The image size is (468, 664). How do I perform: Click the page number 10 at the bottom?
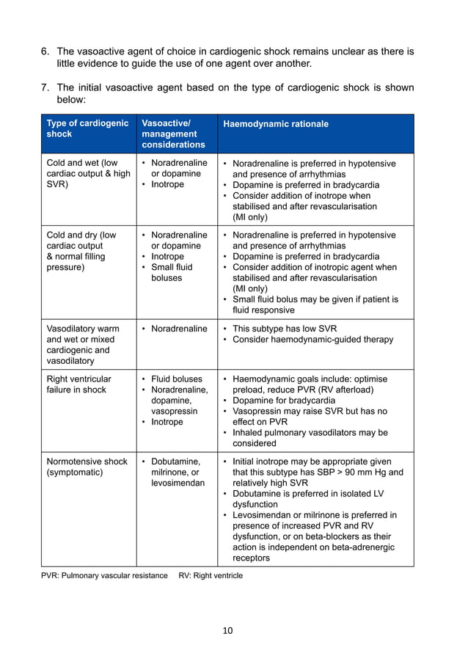pos(227,630)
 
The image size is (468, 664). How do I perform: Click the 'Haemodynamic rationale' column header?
pos(275,124)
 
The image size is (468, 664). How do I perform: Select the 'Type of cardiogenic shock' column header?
pos(87,128)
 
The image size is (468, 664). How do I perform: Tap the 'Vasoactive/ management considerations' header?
pos(172,134)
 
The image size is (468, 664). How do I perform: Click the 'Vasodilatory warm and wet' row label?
pos(82,345)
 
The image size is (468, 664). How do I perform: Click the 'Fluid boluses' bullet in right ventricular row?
pos(176,379)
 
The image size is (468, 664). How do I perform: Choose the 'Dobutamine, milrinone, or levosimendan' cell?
pos(177,473)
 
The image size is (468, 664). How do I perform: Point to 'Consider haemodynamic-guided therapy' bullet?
pos(312,340)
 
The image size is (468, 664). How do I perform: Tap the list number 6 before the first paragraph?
pos(44,51)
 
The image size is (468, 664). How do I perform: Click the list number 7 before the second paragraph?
pos(44,88)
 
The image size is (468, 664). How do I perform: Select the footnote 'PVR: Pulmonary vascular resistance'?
pos(104,575)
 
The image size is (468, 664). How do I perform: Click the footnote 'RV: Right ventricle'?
pos(211,575)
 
